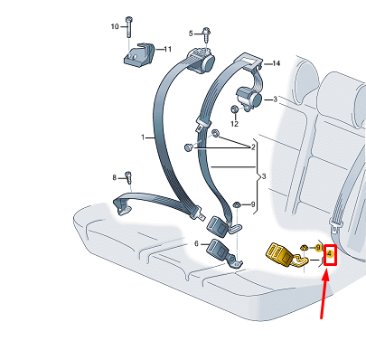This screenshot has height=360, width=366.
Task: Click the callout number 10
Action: coord(115,26)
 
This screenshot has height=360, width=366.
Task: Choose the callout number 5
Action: coord(191,33)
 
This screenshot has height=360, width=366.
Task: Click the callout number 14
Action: coord(277,63)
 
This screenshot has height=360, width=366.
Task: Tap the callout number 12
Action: coord(234,123)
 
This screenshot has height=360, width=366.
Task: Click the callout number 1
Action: coord(143,137)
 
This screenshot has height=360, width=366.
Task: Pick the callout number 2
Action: coord(255,145)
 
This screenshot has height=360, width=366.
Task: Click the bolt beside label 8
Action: coord(128,176)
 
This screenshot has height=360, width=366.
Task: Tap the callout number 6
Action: coord(197,244)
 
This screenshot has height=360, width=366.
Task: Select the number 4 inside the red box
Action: coord(330,254)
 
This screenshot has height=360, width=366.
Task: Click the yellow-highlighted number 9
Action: coord(318,246)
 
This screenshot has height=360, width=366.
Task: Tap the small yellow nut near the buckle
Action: coord(306,248)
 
